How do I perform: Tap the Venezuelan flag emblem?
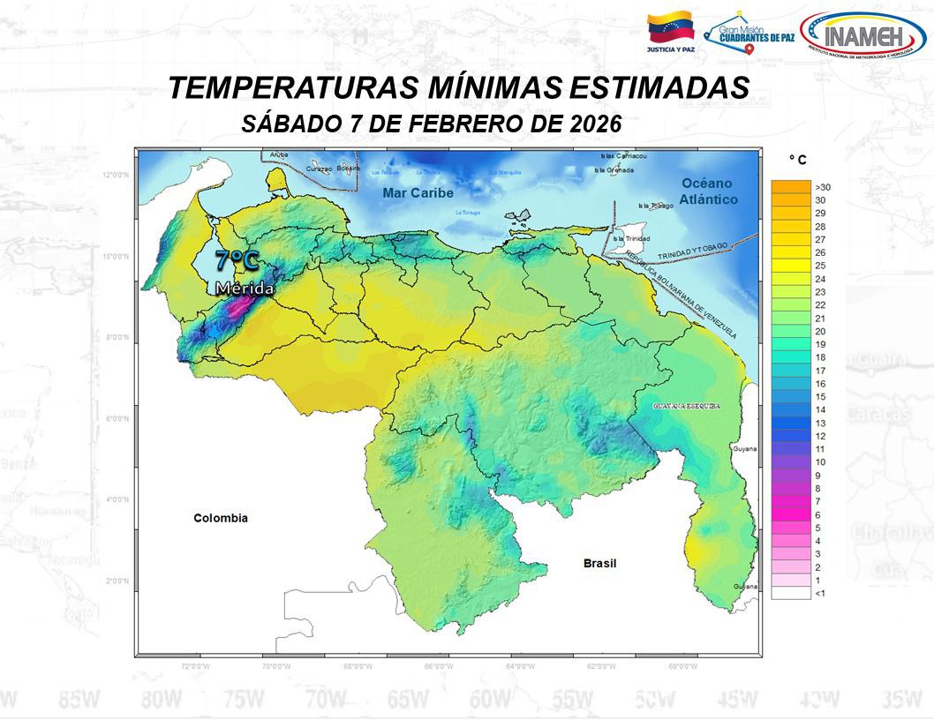[670, 28]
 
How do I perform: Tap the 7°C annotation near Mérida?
[237, 260]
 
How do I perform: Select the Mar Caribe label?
[418, 192]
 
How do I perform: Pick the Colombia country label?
[221, 518]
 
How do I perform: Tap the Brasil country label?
[599, 563]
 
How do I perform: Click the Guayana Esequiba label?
[687, 406]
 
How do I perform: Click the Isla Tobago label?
[656, 205]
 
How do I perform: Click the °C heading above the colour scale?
[797, 160]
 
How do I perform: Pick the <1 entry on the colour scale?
[820, 594]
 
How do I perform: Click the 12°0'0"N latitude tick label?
[116, 175]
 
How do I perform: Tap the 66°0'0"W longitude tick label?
[440, 667]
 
